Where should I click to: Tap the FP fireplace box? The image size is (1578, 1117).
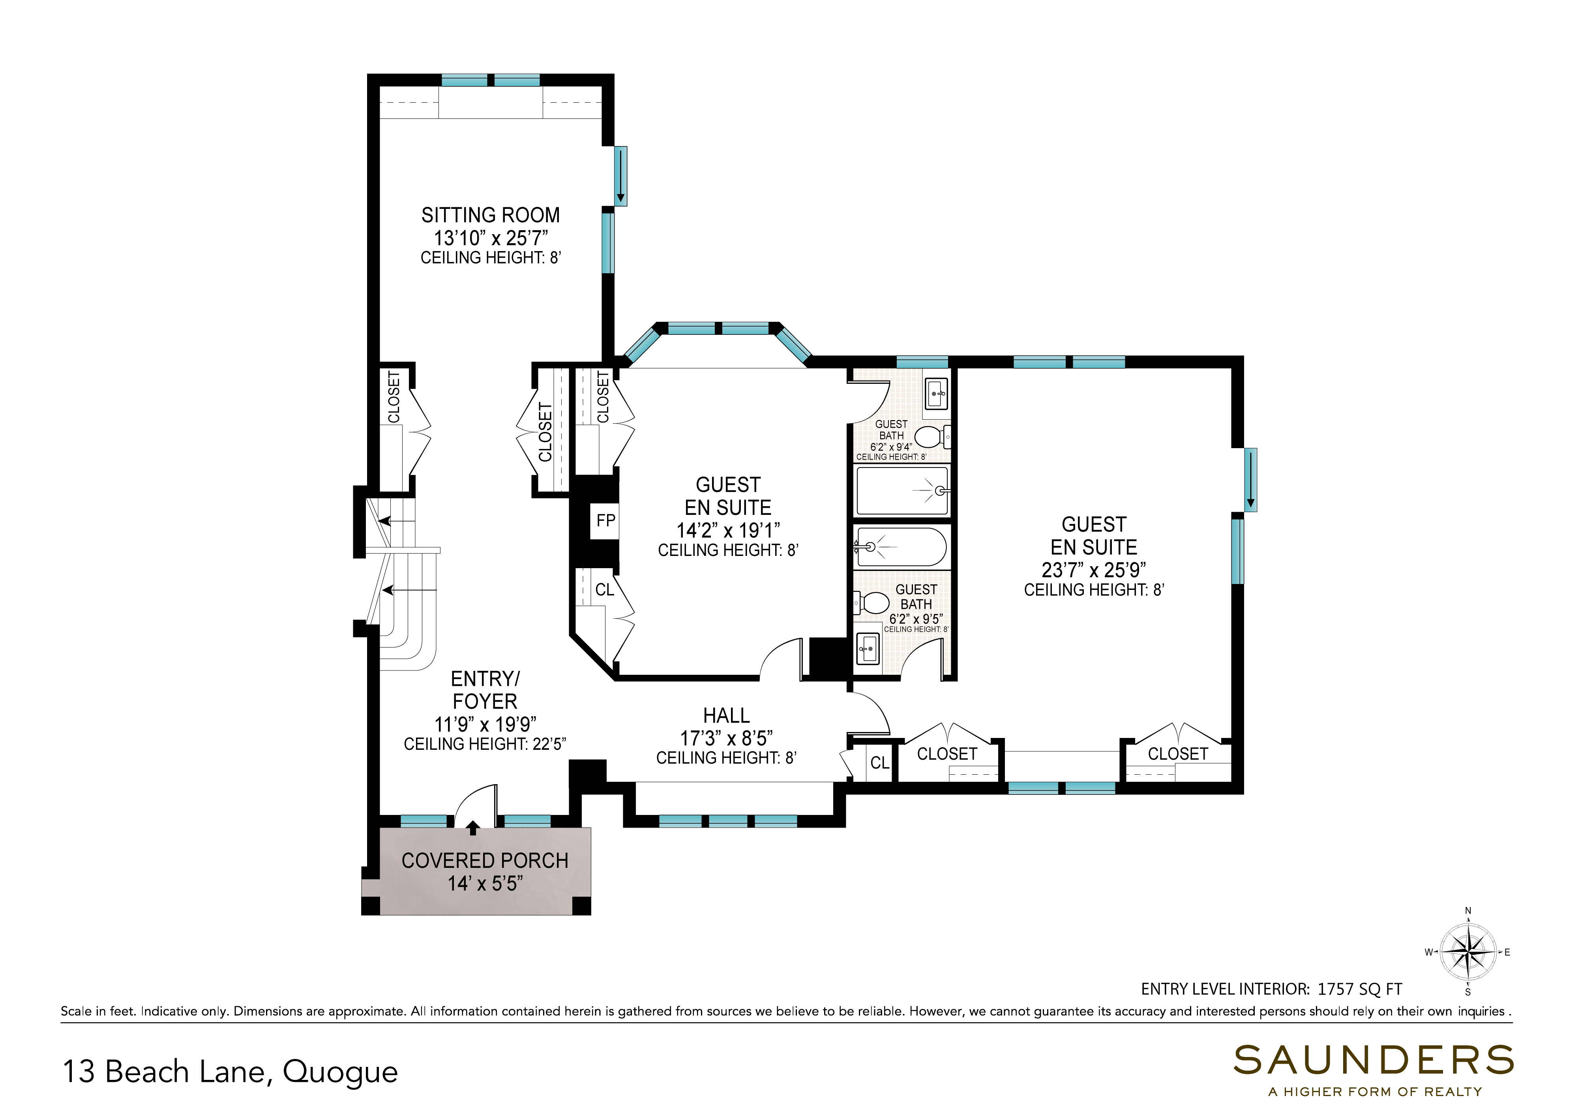pyautogui.click(x=605, y=521)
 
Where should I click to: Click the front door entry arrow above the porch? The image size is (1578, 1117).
pyautogui.click(x=473, y=828)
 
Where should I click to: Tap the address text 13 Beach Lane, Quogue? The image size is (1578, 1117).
pyautogui.click(x=231, y=1072)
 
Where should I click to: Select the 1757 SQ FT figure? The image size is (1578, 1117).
pyautogui.click(x=1359, y=989)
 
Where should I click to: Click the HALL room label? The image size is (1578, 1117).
pyautogui.click(x=726, y=716)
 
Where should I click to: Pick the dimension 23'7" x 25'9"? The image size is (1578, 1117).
pyautogui.click(x=1093, y=570)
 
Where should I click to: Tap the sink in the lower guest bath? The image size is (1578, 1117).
pyautogui.click(x=868, y=649)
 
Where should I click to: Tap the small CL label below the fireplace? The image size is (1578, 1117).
pyautogui.click(x=604, y=589)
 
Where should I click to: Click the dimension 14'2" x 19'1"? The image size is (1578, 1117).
pyautogui.click(x=728, y=530)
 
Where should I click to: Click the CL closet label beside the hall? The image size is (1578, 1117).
pyautogui.click(x=879, y=763)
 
